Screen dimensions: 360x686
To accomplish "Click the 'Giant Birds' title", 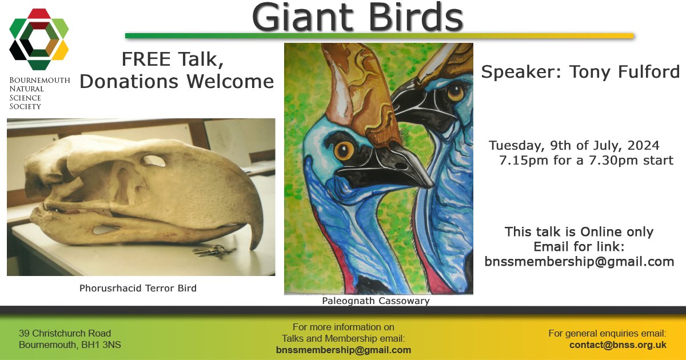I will tap(357, 17).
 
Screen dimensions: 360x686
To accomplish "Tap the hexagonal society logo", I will tap(39, 39).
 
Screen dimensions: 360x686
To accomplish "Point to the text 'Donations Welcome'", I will tap(176, 82).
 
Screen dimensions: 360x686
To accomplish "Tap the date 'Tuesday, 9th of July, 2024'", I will tap(574, 145).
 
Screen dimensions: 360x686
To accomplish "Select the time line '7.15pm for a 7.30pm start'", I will tap(586, 161).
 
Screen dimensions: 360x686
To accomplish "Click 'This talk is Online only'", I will tap(579, 232).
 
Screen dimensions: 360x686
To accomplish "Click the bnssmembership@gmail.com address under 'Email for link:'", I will tap(579, 262).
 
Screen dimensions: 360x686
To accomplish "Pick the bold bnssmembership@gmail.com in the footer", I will tap(343, 350).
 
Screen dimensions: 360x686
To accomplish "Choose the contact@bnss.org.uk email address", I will tap(617, 345).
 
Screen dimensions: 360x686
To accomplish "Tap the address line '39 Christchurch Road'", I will tap(65, 333).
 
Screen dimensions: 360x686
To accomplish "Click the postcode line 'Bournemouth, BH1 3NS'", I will tap(70, 345).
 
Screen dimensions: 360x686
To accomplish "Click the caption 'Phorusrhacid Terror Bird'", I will tap(138, 289).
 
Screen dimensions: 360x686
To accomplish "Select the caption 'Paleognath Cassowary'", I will tap(375, 301).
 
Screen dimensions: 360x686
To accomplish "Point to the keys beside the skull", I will tap(213, 250).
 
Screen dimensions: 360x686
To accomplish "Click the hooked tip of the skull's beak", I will tap(258, 242).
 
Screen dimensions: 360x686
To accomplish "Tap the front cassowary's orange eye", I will tap(344, 151).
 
